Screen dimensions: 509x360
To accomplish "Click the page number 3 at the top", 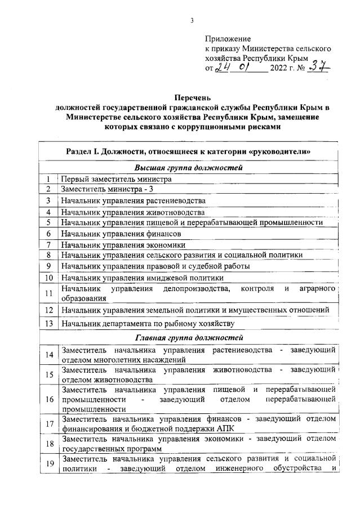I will tap(192, 21).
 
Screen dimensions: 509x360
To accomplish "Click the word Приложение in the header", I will tap(227, 39).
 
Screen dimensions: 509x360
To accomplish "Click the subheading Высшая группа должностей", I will tap(189, 167).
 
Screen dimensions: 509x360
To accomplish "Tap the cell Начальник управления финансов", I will tap(121, 233).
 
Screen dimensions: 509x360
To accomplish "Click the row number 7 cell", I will tap(49, 244).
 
